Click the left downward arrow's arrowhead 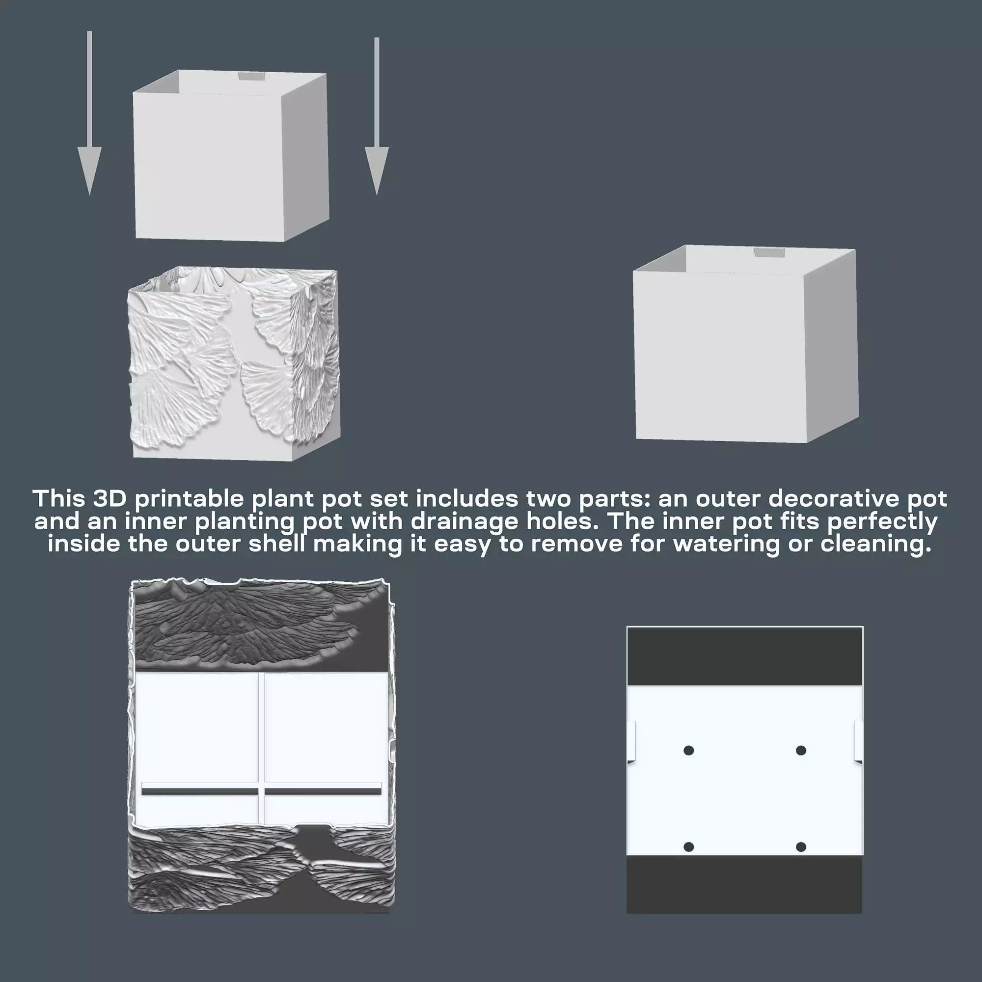pos(89,168)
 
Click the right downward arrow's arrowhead pos(377,168)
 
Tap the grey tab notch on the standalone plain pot pos(769,252)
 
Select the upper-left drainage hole pos(689,750)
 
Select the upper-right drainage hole pos(801,750)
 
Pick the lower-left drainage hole pos(689,847)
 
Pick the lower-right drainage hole pos(801,847)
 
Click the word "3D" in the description pos(109,499)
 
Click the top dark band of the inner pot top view pos(745,656)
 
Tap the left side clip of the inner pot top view pos(632,741)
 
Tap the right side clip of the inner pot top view pos(858,741)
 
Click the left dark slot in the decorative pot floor pos(199,791)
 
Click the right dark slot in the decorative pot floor pos(323,791)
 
